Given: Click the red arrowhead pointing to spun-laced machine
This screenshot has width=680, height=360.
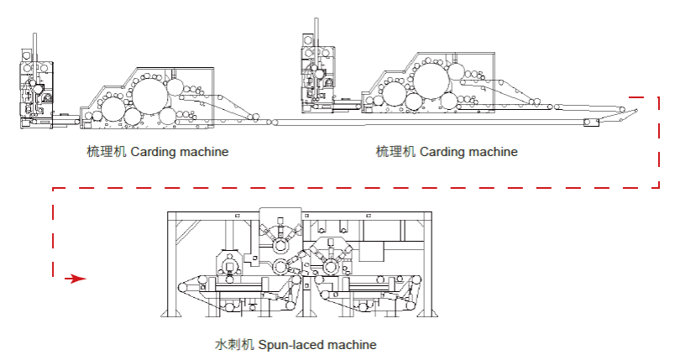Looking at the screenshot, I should pyautogui.click(x=78, y=278).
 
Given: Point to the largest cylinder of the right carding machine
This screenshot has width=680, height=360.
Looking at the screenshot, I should pyautogui.click(x=435, y=82).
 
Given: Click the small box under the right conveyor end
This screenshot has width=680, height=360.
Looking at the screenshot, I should pyautogui.click(x=593, y=123).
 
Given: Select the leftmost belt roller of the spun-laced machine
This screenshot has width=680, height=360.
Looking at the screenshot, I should pyautogui.click(x=184, y=287).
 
